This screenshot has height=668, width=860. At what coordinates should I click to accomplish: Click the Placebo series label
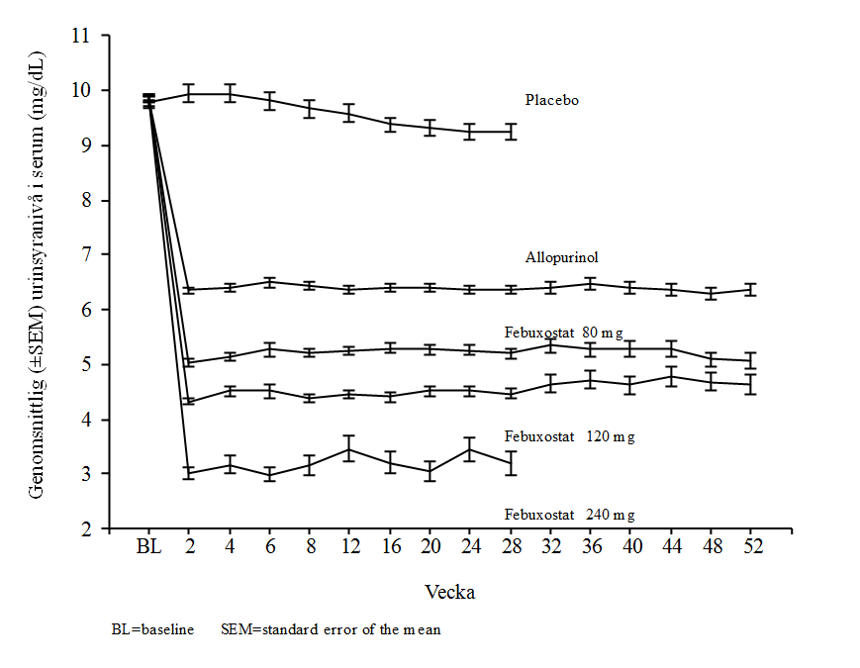pos(551,100)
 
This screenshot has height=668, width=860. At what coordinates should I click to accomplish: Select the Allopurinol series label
pos(561,257)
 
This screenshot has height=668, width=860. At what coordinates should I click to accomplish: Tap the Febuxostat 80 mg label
pos(563,333)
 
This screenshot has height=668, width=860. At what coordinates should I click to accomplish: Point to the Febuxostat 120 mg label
pos(569,436)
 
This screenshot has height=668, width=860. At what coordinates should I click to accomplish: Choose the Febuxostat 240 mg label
pos(569,515)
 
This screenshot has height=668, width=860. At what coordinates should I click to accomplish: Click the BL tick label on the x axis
pos(148,547)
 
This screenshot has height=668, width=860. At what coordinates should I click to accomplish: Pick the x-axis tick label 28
pos(511,547)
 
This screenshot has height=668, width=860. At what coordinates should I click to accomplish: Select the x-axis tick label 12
pos(349,547)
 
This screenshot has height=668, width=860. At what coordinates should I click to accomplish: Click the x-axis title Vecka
pos(449,593)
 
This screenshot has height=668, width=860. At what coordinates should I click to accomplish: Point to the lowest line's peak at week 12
pos(349,449)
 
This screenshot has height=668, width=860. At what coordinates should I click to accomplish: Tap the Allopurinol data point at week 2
pos(188,289)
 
